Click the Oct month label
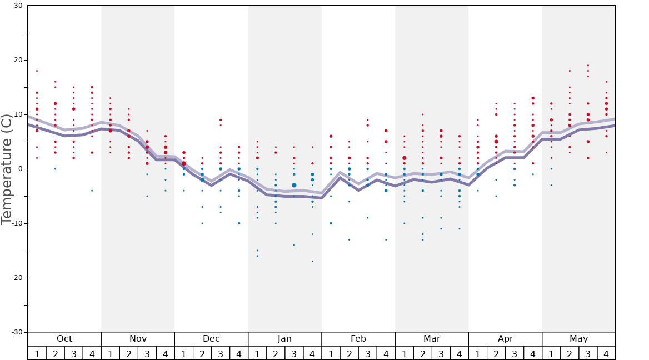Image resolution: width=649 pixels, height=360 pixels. point(64,339)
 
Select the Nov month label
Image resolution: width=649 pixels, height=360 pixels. point(138,339)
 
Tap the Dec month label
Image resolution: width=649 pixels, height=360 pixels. point(211,339)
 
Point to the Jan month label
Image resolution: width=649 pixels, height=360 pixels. point(284,339)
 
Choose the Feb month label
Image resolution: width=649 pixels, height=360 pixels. point(358,339)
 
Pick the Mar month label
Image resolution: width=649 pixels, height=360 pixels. point(432,339)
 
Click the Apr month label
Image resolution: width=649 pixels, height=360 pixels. point(505,339)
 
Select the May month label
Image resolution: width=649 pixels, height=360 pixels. point(578,339)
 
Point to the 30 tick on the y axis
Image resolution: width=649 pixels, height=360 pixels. point(18,6)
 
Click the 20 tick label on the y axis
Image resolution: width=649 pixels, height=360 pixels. point(18,60)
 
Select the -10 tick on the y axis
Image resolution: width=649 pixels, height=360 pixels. point(16,223)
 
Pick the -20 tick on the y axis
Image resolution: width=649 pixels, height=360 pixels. point(16,278)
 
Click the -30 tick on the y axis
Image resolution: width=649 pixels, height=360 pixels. point(16,332)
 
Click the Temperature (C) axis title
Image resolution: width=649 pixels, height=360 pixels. point(7,169)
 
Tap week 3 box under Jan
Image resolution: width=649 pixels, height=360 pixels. point(294,353)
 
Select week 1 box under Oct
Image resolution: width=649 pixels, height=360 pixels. point(37,353)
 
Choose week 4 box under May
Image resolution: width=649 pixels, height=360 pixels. point(606,353)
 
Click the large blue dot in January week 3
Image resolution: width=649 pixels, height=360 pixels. point(294,185)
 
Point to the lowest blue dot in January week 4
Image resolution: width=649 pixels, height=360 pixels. point(312,261)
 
